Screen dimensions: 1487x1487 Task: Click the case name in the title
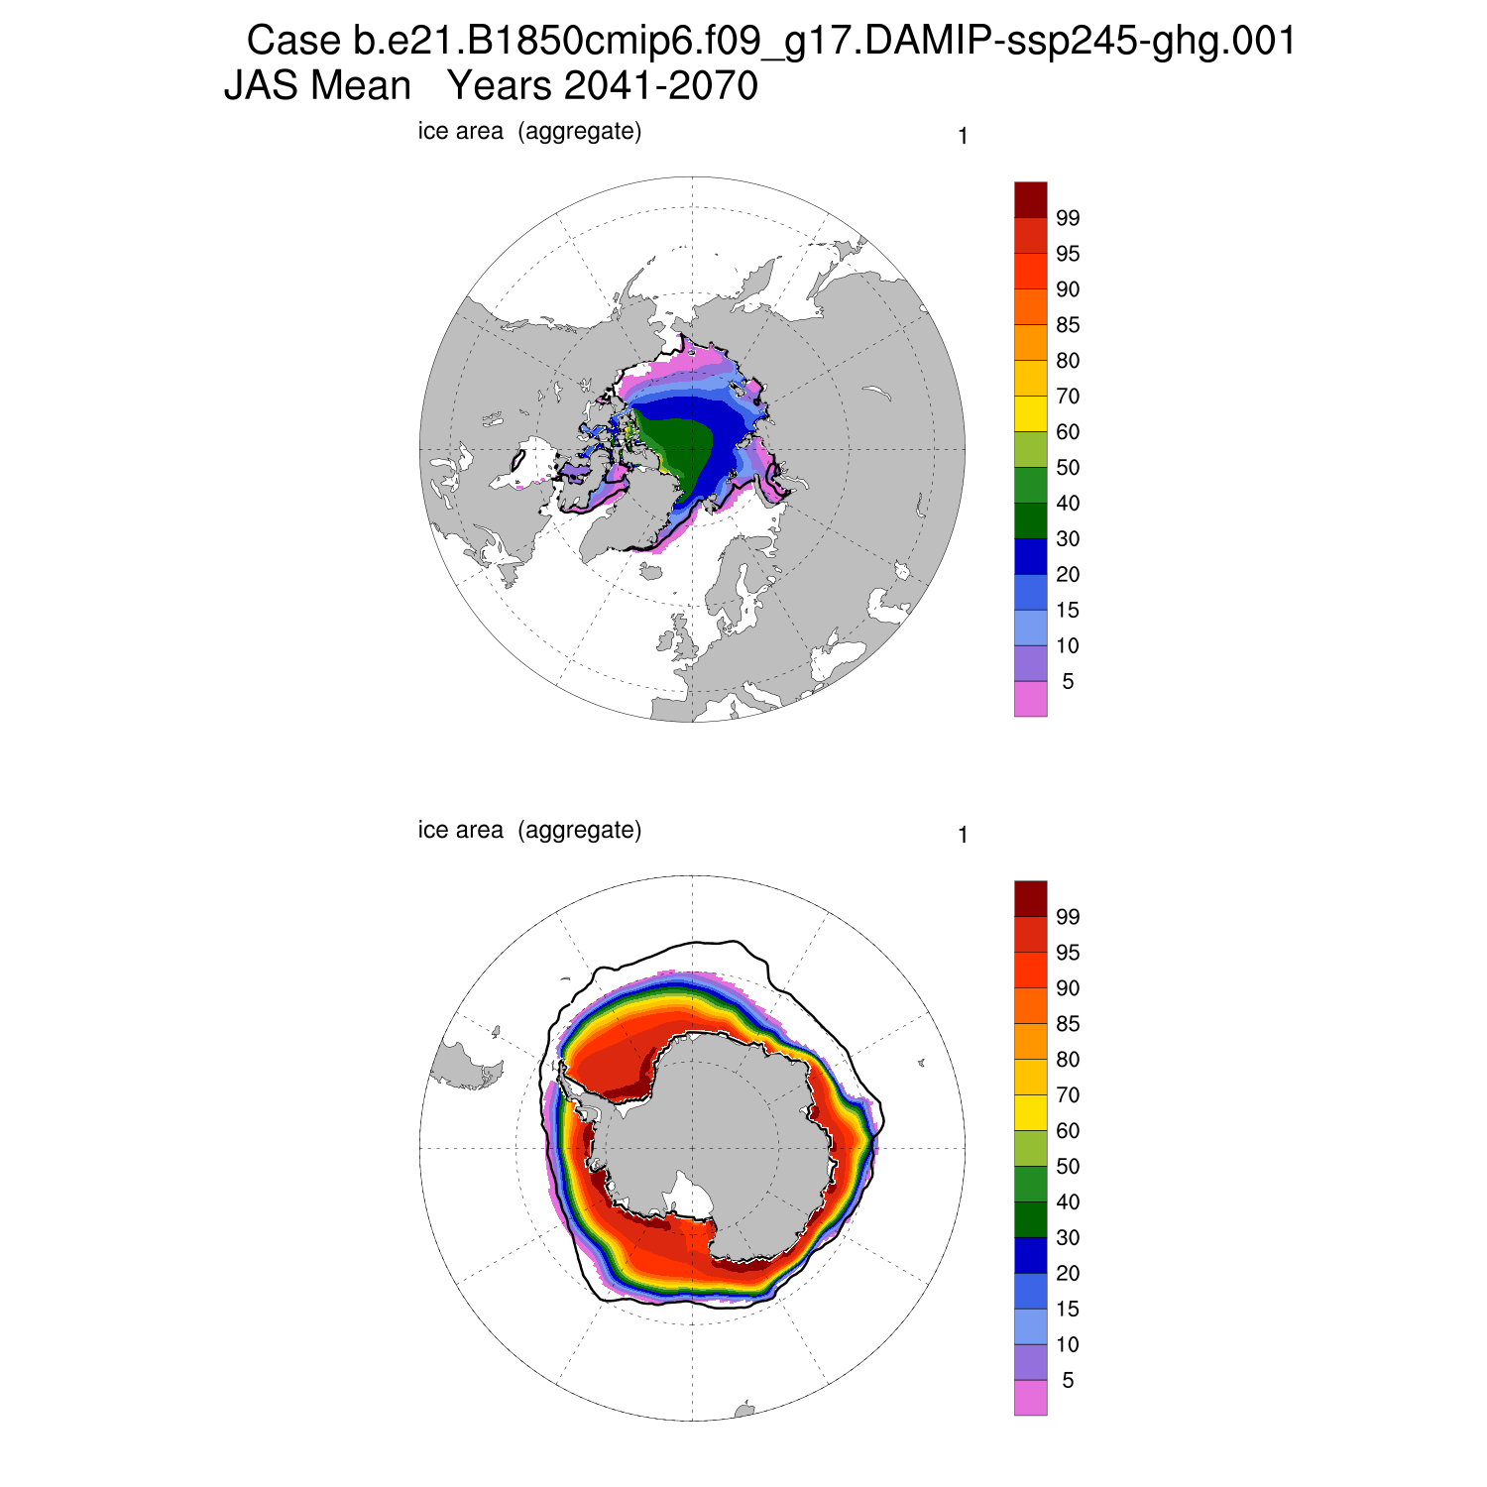(x=823, y=42)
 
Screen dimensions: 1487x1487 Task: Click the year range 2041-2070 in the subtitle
(x=603, y=86)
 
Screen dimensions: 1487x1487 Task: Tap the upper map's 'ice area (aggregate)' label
(x=529, y=131)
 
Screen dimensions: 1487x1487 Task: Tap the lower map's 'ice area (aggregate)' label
(x=529, y=830)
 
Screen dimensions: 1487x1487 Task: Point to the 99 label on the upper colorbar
(x=1068, y=218)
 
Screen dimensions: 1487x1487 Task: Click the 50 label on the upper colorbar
(x=1068, y=468)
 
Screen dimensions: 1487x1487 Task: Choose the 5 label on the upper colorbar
(x=1068, y=682)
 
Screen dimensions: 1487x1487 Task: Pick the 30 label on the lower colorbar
(x=1068, y=1238)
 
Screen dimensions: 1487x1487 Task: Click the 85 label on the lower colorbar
(x=1068, y=1024)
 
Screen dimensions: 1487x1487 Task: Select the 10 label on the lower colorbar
(x=1068, y=1345)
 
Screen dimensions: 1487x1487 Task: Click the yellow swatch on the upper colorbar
(x=1030, y=413)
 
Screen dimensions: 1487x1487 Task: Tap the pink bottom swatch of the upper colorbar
(x=1030, y=699)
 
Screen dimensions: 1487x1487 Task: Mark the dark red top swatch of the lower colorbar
(x=1030, y=898)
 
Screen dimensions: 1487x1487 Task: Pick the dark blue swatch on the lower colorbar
(x=1030, y=1255)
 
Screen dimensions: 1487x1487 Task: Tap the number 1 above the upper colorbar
(x=963, y=137)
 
